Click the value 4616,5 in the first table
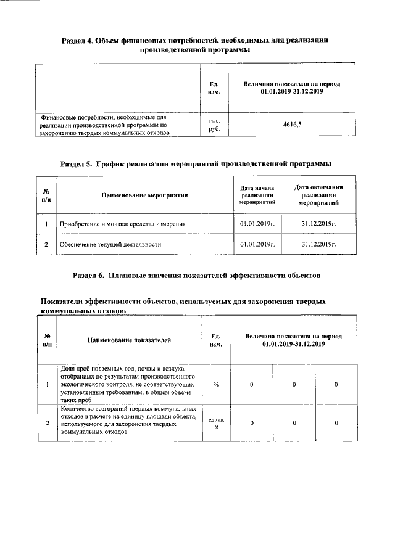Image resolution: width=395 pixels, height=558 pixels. (293, 125)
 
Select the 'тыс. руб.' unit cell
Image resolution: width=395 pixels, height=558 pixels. (215, 125)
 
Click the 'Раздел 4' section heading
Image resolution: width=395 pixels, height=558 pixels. (194, 44)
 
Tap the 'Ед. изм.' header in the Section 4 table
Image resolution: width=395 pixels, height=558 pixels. (215, 88)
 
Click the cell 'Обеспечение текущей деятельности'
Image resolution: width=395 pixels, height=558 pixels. (110, 244)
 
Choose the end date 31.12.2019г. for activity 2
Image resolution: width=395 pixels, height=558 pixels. (318, 244)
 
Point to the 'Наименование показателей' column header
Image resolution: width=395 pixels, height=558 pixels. (129, 340)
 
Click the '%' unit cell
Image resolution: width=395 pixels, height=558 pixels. (216, 384)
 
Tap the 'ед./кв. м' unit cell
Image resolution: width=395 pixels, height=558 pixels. (216, 423)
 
